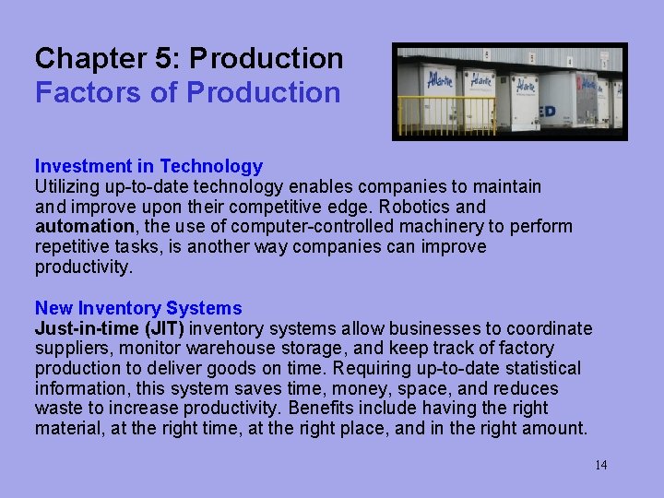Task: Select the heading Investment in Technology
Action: [148, 166]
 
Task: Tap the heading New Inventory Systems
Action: [138, 308]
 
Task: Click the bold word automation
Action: [85, 227]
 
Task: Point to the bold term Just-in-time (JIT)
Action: [110, 328]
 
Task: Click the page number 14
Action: [600, 465]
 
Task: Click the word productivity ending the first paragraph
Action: [84, 267]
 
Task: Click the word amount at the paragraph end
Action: [554, 428]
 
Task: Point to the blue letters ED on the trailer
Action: [547, 112]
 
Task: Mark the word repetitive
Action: [75, 247]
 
